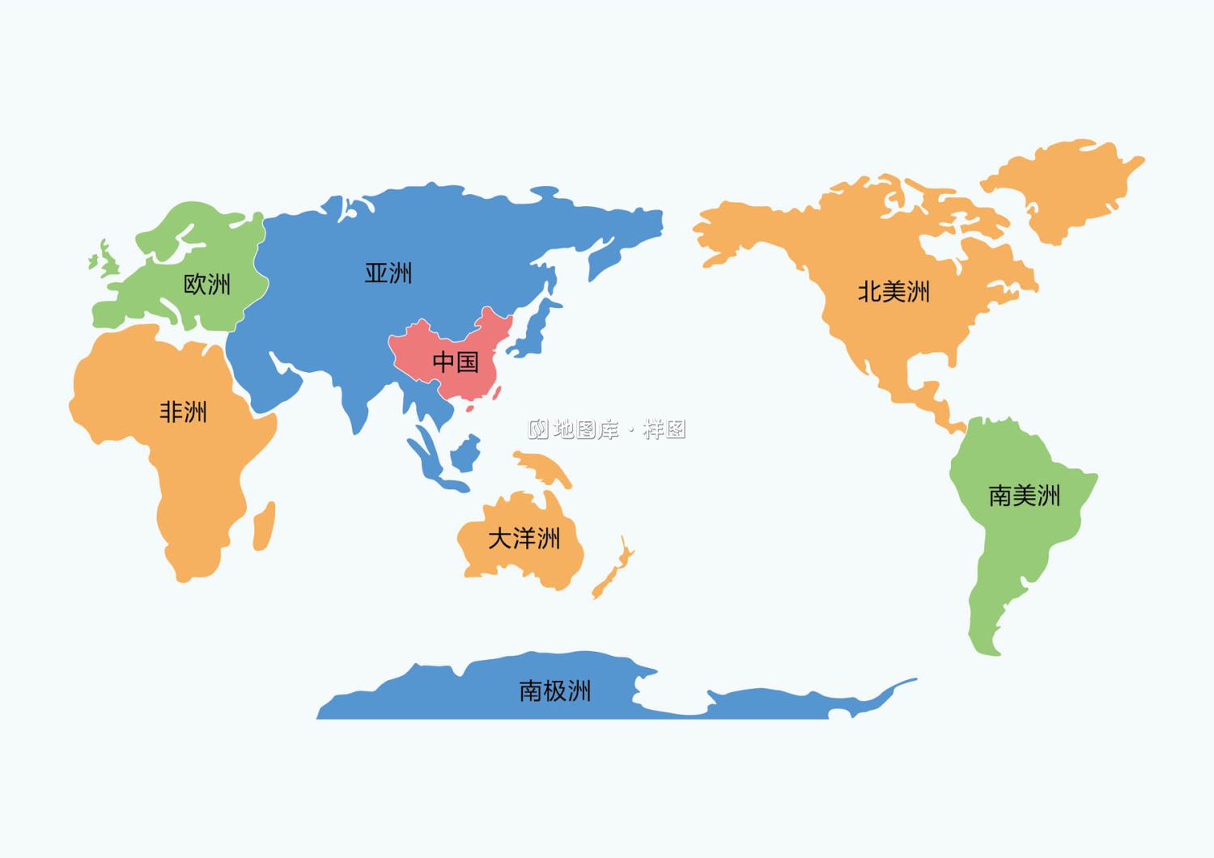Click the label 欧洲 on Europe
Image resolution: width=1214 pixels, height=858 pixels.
[x=207, y=285]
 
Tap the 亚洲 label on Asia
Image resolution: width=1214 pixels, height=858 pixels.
[x=388, y=273]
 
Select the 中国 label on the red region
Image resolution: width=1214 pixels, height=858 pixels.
[x=456, y=361]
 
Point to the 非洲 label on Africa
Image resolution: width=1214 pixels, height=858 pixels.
[x=184, y=412]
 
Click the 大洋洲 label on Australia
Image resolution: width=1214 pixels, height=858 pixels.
[x=524, y=539]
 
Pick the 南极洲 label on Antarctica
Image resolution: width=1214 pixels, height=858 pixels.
[x=555, y=691]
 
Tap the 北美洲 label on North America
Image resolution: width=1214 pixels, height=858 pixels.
[x=894, y=292]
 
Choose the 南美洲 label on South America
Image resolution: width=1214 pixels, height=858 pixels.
[x=1025, y=496]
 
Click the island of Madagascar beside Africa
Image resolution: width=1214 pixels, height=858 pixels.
[x=265, y=526]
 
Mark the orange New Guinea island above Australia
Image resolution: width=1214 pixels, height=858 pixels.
[x=544, y=468]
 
